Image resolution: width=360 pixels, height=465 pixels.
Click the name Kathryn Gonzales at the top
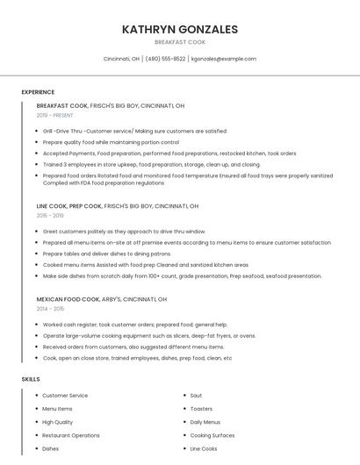tap(180, 29)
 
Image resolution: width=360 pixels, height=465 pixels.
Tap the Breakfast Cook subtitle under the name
tap(180, 42)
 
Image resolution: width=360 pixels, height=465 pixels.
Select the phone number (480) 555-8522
tap(165, 59)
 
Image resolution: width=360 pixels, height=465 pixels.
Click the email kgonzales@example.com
tap(224, 59)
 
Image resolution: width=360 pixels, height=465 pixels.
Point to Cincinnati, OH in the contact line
tap(121, 59)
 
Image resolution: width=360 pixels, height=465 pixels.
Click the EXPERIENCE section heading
tap(38, 91)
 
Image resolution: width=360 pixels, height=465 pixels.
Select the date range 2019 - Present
tap(54, 115)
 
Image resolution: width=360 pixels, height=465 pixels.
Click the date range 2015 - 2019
tap(50, 215)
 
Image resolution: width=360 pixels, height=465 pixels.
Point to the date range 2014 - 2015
tap(50, 308)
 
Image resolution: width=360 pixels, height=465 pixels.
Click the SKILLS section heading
tap(31, 379)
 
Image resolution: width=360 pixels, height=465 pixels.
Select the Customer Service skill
tap(65, 396)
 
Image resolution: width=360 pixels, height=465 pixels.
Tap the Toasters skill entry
tap(201, 409)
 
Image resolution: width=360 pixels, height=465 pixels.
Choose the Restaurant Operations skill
tap(71, 435)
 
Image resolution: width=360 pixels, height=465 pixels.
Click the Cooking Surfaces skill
tap(212, 435)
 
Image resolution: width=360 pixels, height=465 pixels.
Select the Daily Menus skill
tap(205, 422)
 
